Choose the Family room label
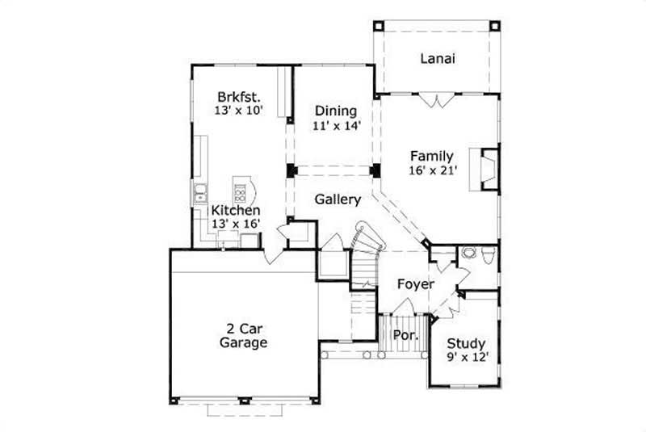[x=431, y=156]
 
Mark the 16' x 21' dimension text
[x=434, y=170]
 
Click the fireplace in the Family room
[x=488, y=169]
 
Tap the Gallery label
[x=338, y=199]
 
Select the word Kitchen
[x=236, y=210]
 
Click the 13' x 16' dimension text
[x=236, y=224]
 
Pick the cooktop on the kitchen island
[x=241, y=192]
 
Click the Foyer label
[x=416, y=284]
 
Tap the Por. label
[x=404, y=335]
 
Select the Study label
[x=467, y=342]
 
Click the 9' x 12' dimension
[x=468, y=357]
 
